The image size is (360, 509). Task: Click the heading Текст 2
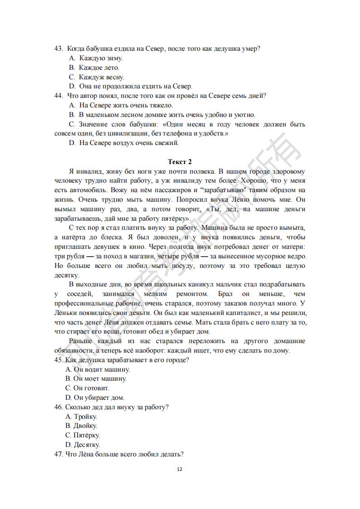[x=180, y=161]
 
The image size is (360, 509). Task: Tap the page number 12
[x=180, y=469]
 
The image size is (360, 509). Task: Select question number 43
[x=58, y=48]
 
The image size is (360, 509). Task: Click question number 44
[x=58, y=96]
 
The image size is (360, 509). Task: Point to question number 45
[x=58, y=360]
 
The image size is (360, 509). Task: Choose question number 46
[x=58, y=407]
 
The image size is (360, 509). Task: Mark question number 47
[x=58, y=454]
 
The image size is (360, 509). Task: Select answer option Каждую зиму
[x=101, y=58]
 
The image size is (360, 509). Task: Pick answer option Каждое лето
[x=99, y=68]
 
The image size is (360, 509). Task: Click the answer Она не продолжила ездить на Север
[x=136, y=86]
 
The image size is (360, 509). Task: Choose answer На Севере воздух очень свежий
[x=129, y=143]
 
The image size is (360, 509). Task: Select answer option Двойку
[x=85, y=426]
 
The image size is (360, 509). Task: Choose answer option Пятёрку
[x=87, y=436]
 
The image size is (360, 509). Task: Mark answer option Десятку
[x=87, y=445]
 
